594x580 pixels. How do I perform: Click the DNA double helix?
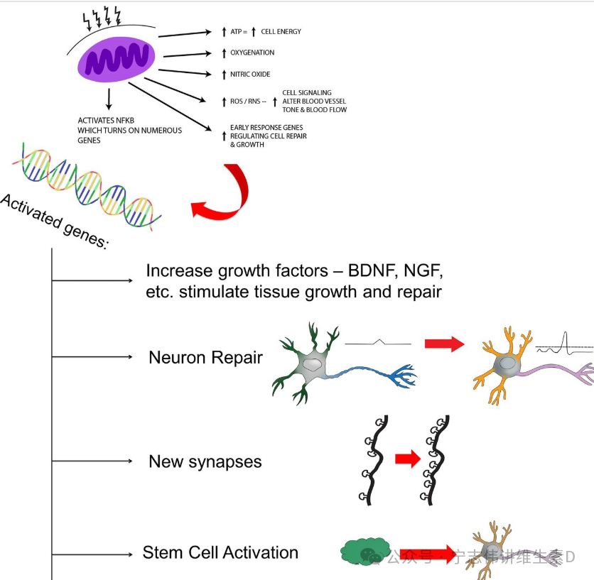tap(87, 186)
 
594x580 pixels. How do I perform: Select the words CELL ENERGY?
tap(281, 32)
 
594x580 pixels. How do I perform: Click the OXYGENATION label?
tap(252, 53)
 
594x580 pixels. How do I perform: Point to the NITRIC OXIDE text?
tap(250, 75)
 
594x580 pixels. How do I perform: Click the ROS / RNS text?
tap(245, 101)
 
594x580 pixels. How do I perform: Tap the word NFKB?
tap(125, 121)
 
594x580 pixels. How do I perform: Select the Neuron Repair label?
tap(206, 357)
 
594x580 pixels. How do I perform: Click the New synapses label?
tap(205, 462)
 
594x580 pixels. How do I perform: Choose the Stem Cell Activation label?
tap(220, 553)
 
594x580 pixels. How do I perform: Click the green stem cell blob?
tap(365, 551)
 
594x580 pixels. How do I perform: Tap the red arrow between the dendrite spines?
tap(408, 459)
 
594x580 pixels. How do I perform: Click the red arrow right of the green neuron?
tap(444, 344)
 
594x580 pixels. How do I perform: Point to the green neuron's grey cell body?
tap(313, 365)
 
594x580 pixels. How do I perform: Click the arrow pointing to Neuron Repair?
tap(92, 356)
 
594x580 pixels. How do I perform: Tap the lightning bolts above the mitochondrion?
tap(102, 18)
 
